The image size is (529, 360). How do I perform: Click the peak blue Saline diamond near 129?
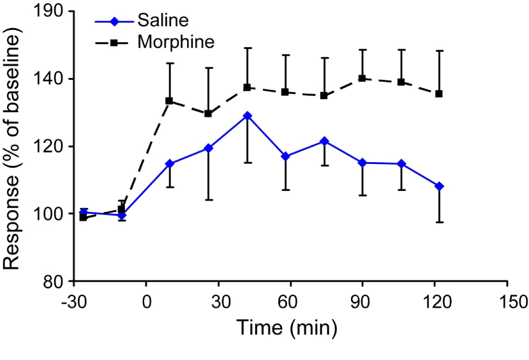(247, 116)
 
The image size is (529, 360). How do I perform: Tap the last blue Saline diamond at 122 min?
(439, 186)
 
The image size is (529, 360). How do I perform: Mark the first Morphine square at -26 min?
(83, 217)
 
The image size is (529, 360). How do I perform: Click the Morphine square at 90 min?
(362, 79)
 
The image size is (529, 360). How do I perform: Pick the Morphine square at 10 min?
(169, 101)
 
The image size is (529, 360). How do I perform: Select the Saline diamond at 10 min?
(169, 163)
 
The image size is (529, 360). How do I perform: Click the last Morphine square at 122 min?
(439, 94)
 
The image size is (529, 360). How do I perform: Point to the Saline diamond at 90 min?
(362, 163)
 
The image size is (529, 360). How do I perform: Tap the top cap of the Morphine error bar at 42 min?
(247, 48)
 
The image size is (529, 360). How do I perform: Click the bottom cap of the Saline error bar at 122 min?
(439, 222)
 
